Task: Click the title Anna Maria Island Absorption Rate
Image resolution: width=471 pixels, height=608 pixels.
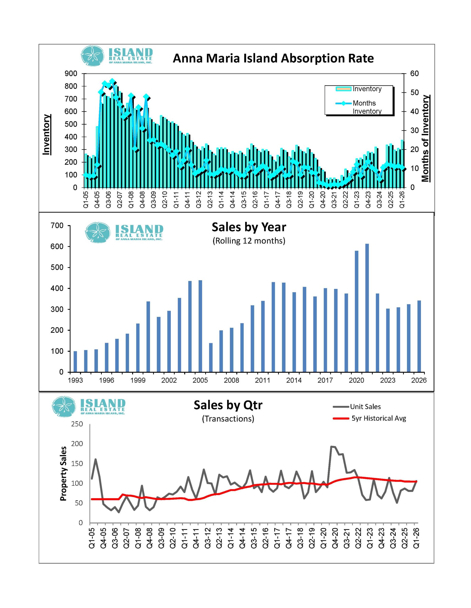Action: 273,58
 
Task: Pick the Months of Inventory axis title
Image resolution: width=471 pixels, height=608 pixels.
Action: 425,138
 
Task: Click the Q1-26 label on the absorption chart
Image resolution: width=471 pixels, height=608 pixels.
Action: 402,199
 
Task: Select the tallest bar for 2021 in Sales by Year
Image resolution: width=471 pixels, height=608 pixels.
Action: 367,308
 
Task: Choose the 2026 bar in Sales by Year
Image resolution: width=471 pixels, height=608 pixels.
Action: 419,336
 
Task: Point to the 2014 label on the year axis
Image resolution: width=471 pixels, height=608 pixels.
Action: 294,380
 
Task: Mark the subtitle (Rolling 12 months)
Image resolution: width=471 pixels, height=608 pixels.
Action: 249,241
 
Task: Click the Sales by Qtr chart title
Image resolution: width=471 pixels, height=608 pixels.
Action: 228,405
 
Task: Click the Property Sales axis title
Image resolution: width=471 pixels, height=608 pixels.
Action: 63,474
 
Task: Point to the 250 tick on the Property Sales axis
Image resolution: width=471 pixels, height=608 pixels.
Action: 77,424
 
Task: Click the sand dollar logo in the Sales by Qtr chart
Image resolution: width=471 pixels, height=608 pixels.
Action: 64,407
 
